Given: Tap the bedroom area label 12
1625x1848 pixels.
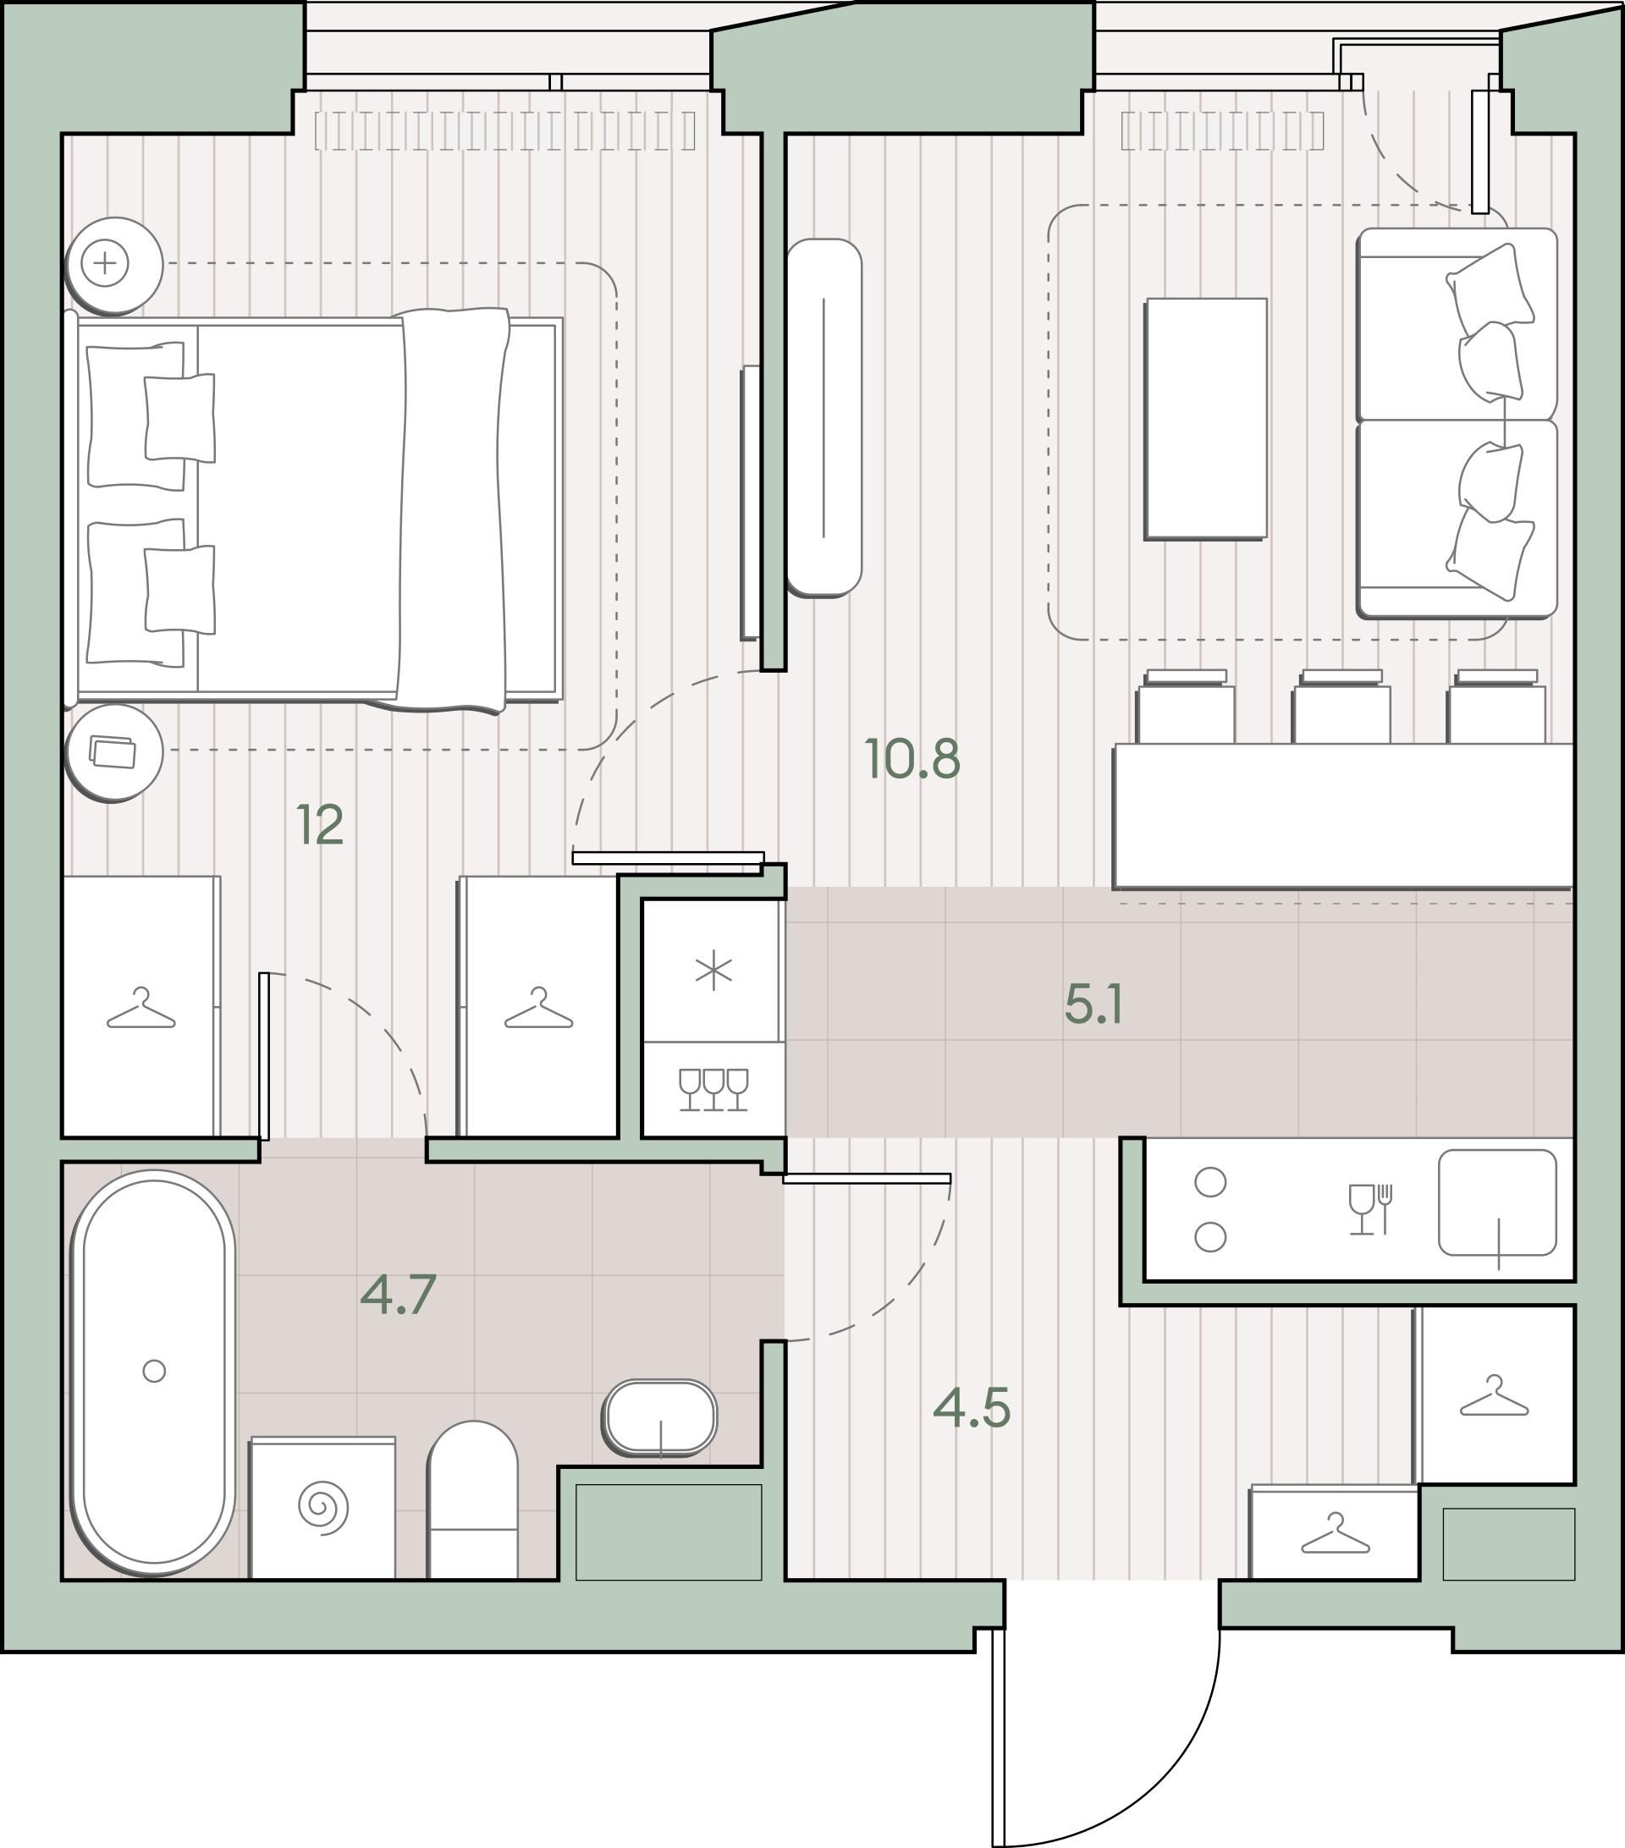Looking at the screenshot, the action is [320, 824].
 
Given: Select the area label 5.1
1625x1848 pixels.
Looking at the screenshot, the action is [1094, 1004].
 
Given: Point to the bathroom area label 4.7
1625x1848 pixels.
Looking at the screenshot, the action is [399, 1294].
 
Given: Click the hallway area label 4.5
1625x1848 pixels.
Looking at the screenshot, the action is [972, 1409].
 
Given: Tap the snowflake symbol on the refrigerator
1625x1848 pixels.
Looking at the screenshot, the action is [713, 970].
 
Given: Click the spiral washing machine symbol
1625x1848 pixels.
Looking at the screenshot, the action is [322, 1508].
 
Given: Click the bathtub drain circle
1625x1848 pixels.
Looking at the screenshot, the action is [155, 1372].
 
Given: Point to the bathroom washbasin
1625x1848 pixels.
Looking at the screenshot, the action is [661, 1417].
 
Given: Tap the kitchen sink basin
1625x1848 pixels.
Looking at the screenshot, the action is [1497, 1203].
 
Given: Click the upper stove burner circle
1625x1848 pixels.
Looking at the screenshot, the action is [1211, 1182].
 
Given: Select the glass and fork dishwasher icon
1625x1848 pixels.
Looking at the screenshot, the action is [1371, 1210].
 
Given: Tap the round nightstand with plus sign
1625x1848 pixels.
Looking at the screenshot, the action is [114, 265].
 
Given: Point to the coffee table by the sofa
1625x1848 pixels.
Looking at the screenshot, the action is [1205, 420].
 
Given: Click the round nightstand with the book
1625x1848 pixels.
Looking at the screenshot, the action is [114, 752].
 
